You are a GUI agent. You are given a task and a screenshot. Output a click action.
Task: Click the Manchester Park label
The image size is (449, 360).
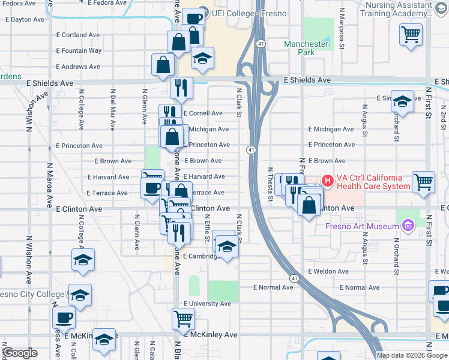pyautogui.click(x=306, y=48)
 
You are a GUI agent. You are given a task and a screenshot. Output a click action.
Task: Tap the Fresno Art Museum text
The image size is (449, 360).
pyautogui.click(x=362, y=226)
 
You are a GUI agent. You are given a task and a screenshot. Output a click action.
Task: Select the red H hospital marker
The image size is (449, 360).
pyautogui.click(x=328, y=179)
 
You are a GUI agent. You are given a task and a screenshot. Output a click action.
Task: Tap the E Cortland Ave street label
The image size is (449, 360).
pyautogui.click(x=77, y=35)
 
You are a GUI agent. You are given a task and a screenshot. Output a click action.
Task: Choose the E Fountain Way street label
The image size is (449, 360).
pyautogui.click(x=78, y=51)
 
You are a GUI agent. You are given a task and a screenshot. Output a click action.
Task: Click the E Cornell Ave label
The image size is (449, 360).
pyautogui.click(x=203, y=113)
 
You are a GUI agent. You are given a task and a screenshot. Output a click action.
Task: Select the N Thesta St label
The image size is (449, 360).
pyautogui.click(x=271, y=184)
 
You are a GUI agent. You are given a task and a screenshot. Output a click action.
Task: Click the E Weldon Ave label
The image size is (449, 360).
pyautogui.click(x=328, y=271)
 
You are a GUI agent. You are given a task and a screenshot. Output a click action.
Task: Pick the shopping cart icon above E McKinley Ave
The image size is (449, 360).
pyautogui.click(x=184, y=318)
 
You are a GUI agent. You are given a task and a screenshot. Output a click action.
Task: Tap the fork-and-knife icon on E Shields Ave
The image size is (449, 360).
pyautogui.click(x=181, y=88)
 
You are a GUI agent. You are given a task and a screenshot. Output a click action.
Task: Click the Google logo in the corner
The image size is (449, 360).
pyautogui.click(x=20, y=353)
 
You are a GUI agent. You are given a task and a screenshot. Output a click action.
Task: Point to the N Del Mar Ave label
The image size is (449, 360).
pyautogui.click(x=113, y=110)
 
